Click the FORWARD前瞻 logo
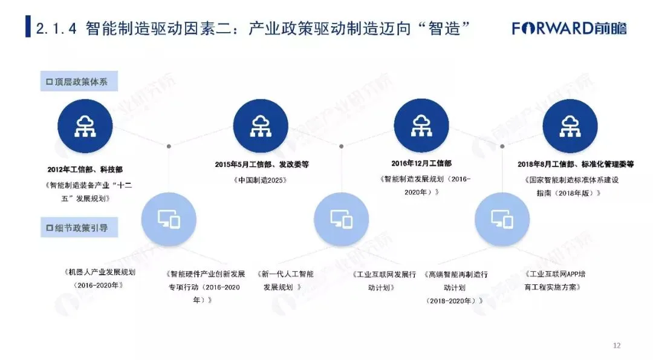(569, 28)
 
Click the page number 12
(617, 346)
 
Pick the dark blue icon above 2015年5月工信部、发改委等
(261, 126)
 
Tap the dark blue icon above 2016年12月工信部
(421, 126)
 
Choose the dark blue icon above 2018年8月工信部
(570, 126)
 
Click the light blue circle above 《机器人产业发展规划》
(169, 219)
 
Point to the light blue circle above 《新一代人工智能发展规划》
(341, 219)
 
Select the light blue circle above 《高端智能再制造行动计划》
(502, 219)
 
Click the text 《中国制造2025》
(262, 180)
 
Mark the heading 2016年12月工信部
(421, 163)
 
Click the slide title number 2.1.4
(56, 28)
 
